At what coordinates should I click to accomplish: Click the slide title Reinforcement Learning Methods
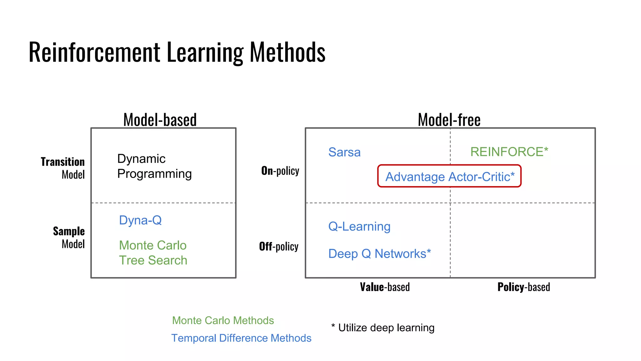(x=177, y=52)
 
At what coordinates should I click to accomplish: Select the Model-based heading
(x=160, y=120)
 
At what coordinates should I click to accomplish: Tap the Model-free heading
(x=449, y=120)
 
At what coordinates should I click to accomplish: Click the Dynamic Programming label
(x=154, y=166)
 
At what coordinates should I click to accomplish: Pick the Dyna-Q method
(x=140, y=220)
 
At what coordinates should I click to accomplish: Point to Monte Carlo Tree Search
(x=153, y=253)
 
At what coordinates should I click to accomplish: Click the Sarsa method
(x=344, y=152)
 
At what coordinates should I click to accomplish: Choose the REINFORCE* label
(x=509, y=152)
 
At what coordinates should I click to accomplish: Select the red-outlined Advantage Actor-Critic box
(x=449, y=176)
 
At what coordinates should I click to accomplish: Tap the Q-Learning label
(x=359, y=226)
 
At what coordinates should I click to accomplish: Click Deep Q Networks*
(x=379, y=254)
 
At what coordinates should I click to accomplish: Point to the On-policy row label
(x=280, y=171)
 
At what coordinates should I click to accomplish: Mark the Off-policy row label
(x=279, y=247)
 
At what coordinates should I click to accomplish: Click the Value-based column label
(x=385, y=287)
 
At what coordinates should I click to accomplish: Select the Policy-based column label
(x=524, y=287)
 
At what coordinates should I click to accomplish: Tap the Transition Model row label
(x=63, y=168)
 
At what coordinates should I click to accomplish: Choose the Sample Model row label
(x=69, y=238)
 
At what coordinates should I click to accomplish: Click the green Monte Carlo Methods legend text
(x=223, y=320)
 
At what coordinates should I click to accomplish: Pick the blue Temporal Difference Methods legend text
(x=241, y=338)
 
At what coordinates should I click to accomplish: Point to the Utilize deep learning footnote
(x=383, y=328)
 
